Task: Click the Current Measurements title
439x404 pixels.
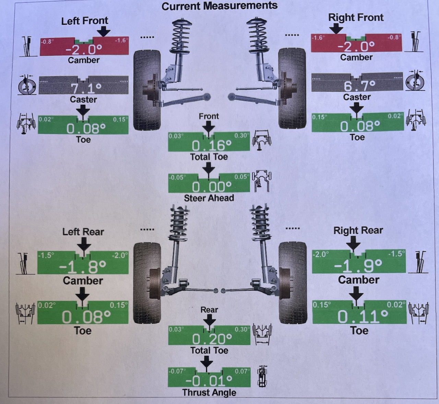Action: click(x=219, y=6)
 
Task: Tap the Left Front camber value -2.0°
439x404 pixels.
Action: click(x=84, y=49)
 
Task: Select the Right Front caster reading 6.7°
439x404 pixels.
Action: click(x=359, y=86)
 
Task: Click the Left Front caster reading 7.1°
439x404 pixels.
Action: click(x=86, y=89)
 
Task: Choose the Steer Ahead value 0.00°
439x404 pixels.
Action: click(x=212, y=187)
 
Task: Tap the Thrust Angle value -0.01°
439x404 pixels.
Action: click(x=209, y=381)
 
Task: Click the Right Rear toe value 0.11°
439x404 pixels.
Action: click(x=363, y=316)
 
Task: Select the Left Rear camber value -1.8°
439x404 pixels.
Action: click(x=83, y=267)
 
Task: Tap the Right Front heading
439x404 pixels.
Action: click(x=356, y=17)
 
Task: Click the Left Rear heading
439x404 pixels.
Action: click(x=83, y=232)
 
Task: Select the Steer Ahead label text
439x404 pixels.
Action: click(x=209, y=198)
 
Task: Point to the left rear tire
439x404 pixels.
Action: click(x=147, y=283)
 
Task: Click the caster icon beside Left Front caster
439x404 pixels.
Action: click(x=27, y=86)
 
